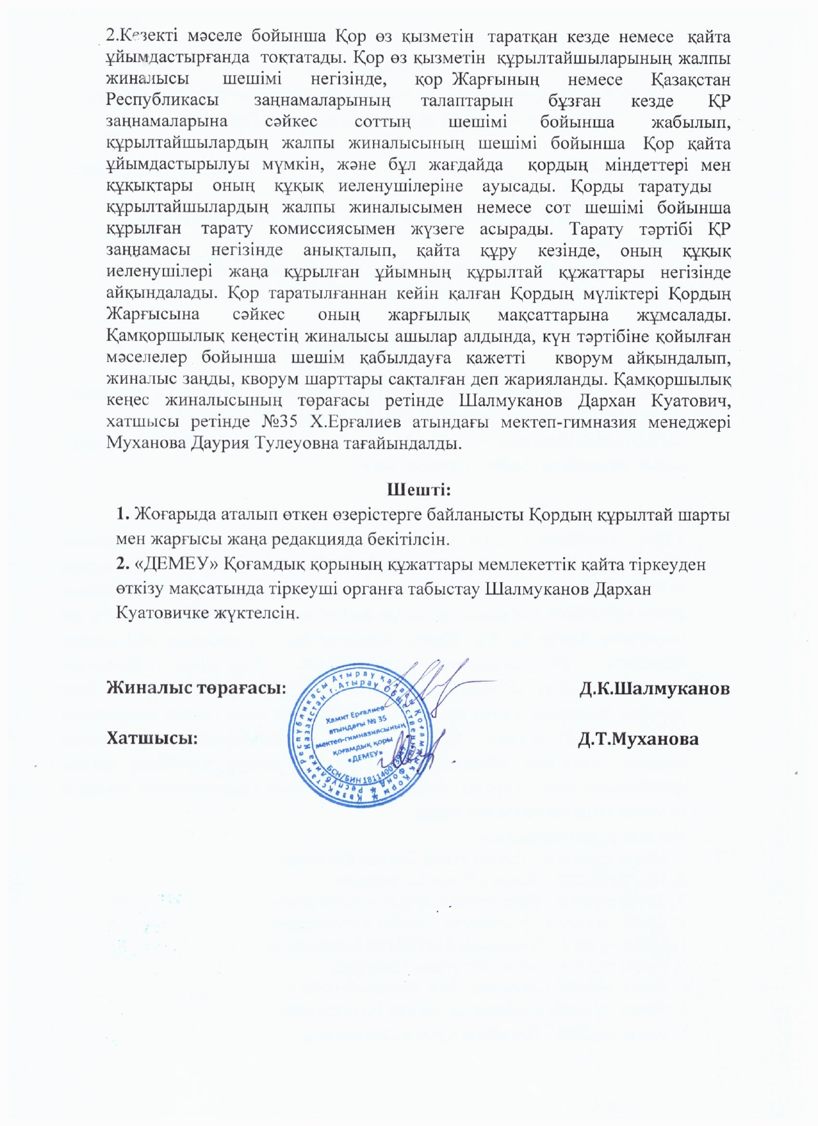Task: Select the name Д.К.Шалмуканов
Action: [654, 688]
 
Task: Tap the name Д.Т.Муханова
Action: [637, 739]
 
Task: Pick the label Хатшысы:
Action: [152, 738]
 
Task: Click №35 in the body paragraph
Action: [278, 422]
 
